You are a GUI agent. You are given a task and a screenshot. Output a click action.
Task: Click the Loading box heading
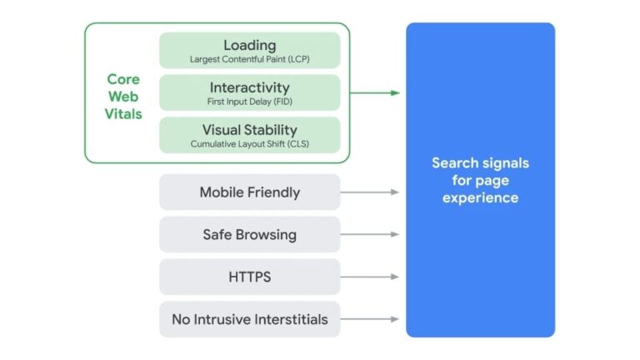249,45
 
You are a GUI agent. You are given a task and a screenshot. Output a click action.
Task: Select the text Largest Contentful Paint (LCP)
249,60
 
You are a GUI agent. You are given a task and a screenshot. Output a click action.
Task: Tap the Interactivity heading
249,87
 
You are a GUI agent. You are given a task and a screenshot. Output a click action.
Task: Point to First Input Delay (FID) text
249,102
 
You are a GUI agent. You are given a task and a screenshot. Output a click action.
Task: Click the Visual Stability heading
249,130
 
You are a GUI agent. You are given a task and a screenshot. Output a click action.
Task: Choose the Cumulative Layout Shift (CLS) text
249,144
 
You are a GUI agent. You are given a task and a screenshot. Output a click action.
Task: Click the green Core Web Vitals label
123,97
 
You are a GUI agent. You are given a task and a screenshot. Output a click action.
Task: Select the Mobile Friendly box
249,192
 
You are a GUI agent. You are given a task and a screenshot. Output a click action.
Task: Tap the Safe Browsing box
249,234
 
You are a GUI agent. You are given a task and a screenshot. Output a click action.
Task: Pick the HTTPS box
249,277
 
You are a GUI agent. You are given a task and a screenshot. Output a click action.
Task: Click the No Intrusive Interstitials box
249,319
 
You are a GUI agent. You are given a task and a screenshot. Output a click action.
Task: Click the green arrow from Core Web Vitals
375,92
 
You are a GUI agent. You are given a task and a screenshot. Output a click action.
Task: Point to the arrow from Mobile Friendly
370,192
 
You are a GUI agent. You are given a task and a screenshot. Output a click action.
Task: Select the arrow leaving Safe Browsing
370,234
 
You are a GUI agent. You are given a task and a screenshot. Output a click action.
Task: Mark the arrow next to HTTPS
370,277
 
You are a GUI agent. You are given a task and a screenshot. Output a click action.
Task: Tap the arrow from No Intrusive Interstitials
370,319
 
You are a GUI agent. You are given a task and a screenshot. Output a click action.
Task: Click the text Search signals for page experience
480,180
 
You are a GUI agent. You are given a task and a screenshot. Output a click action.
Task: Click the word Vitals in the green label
123,114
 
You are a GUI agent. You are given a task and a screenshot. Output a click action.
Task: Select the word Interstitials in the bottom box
288,319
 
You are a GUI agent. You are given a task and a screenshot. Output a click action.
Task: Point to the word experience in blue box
480,197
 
